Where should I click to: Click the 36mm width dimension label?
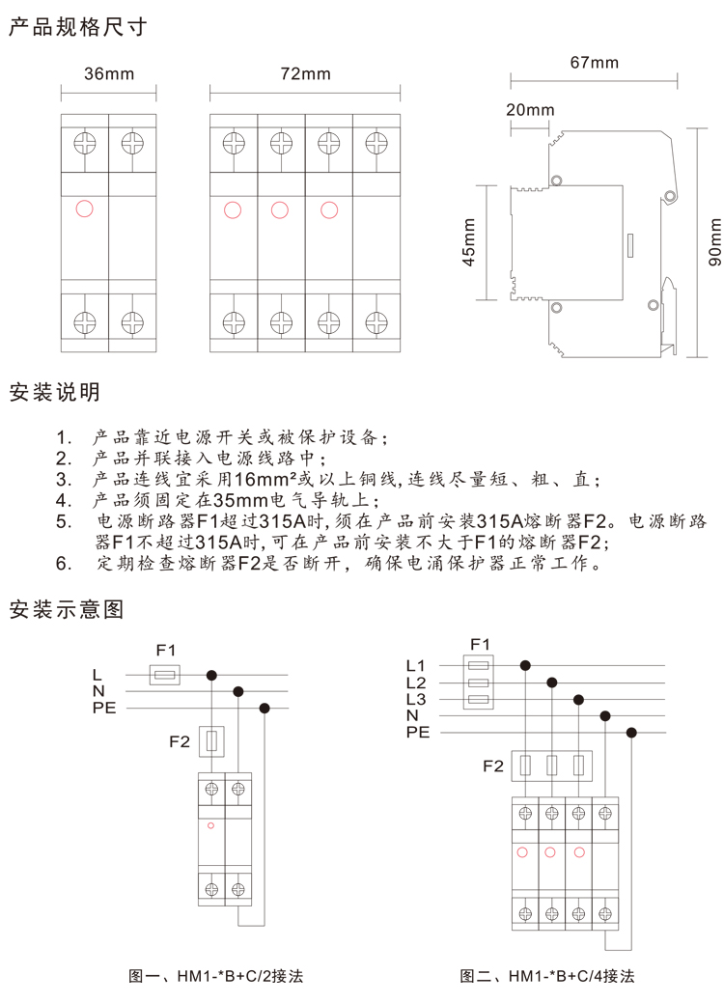click(109, 73)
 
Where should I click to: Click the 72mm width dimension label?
click(306, 73)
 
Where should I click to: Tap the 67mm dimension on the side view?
click(595, 63)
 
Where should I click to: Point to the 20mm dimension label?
click(530, 110)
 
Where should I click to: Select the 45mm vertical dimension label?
click(469, 242)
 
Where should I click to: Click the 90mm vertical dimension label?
click(714, 242)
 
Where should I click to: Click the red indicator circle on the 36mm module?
click(84, 209)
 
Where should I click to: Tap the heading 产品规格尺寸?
click(77, 27)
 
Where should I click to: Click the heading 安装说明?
click(54, 392)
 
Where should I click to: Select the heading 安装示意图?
click(66, 609)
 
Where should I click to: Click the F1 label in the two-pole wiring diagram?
click(166, 650)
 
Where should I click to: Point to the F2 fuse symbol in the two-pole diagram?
click(211, 741)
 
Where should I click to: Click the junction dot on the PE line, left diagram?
click(265, 708)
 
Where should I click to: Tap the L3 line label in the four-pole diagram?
click(416, 699)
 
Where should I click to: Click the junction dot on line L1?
click(525, 665)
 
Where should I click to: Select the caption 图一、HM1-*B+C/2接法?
click(215, 976)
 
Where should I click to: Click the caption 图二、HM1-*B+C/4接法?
click(546, 976)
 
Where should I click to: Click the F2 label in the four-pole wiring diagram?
click(493, 766)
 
